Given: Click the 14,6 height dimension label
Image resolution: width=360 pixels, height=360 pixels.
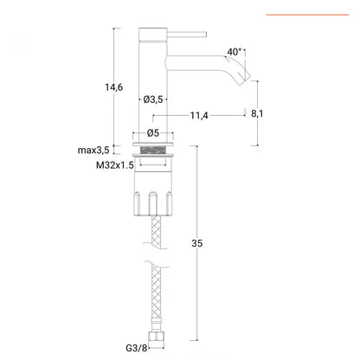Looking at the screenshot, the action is pyautogui.click(x=113, y=87).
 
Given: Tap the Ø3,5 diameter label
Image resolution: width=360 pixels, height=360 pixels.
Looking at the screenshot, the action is pyautogui.click(x=153, y=100).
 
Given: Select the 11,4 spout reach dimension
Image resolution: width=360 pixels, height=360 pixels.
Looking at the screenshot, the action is pyautogui.click(x=199, y=116).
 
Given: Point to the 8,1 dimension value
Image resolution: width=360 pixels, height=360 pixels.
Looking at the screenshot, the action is pyautogui.click(x=257, y=113).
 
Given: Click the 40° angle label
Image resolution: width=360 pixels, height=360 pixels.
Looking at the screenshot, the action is pyautogui.click(x=234, y=52).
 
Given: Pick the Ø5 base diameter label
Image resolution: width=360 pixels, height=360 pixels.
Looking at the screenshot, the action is pyautogui.click(x=153, y=133).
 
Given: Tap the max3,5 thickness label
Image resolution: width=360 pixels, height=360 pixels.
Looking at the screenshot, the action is pyautogui.click(x=93, y=150).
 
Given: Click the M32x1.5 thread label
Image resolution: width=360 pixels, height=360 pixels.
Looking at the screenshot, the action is pyautogui.click(x=115, y=165).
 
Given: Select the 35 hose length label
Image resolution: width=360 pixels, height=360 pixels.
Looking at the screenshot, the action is pyautogui.click(x=197, y=243).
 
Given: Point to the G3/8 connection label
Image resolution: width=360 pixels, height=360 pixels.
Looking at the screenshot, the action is pyautogui.click(x=137, y=348).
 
